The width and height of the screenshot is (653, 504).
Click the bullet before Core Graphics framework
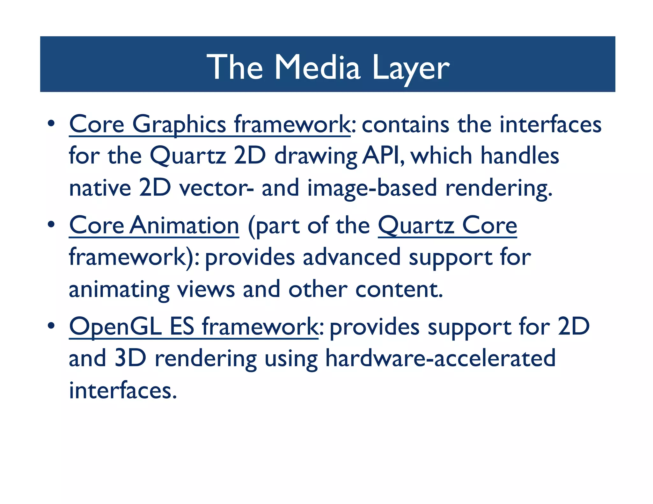click(51, 123)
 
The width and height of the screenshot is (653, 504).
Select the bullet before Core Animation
click(51, 225)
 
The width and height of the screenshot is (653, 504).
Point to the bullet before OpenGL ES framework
click(51, 326)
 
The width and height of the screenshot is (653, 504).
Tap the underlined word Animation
click(185, 225)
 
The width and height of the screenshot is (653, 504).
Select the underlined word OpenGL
click(115, 327)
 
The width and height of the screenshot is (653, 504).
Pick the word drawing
click(316, 156)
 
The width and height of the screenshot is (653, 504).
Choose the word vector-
click(216, 188)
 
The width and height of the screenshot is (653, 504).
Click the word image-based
click(372, 188)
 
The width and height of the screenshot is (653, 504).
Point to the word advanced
click(351, 257)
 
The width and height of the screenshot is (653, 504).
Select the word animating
click(119, 290)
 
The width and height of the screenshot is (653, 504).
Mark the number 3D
click(130, 358)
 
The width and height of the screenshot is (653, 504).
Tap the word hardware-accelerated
click(440, 358)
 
